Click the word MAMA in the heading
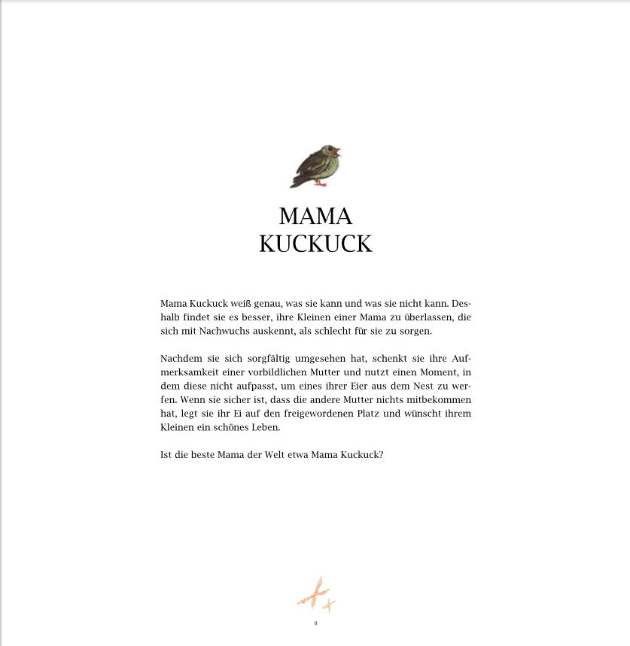(315, 217)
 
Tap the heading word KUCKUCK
(315, 244)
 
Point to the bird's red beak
(338, 150)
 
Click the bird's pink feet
(320, 183)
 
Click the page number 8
(315, 623)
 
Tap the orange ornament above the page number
(316, 594)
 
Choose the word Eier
(345, 386)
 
